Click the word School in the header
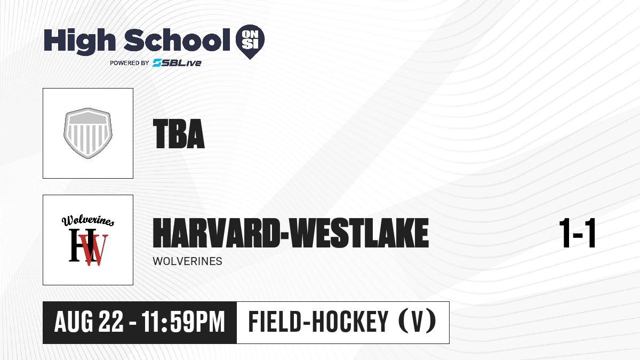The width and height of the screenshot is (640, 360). (x=177, y=40)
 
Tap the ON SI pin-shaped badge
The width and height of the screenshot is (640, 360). (x=250, y=42)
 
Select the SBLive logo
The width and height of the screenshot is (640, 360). (x=177, y=63)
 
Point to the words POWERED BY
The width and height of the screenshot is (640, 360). (x=130, y=63)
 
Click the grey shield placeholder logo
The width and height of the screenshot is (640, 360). (x=88, y=133)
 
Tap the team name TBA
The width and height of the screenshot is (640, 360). (x=179, y=134)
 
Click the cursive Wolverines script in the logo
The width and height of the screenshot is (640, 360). (x=88, y=220)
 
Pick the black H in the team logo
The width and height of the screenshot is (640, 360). (x=82, y=245)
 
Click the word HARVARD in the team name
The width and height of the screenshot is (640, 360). (x=217, y=233)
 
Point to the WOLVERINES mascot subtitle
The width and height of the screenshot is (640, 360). (x=187, y=261)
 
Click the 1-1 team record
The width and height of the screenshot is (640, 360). (x=578, y=233)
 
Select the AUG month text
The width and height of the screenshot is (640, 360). (x=74, y=322)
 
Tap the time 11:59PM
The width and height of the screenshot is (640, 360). (x=183, y=322)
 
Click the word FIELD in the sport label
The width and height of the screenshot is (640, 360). (x=275, y=322)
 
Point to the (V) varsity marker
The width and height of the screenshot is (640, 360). (x=417, y=322)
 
